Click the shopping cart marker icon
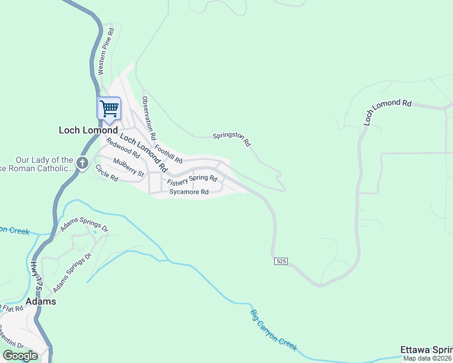pyautogui.click(x=109, y=110)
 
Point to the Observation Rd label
pyautogui.click(x=149, y=117)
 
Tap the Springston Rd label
pyautogui.click(x=232, y=140)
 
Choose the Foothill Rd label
pyautogui.click(x=168, y=152)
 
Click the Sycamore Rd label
pyautogui.click(x=189, y=192)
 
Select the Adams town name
pyautogui.click(x=41, y=301)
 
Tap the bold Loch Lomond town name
pyautogui.click(x=88, y=130)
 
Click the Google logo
pyautogui.click(x=21, y=356)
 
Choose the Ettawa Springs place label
pyautogui.click(x=426, y=350)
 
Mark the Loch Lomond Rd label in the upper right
pyautogui.click(x=388, y=109)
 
